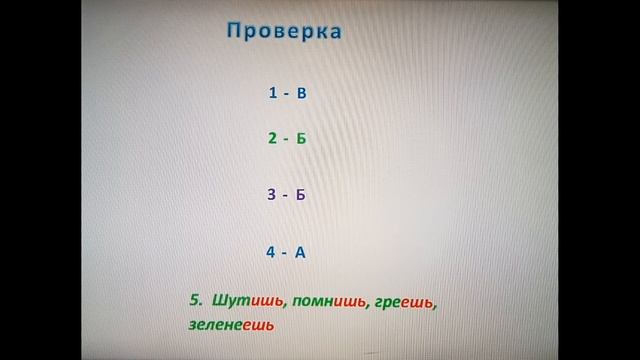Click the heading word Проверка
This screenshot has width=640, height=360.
(x=284, y=31)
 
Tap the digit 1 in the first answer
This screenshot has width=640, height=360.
(x=272, y=93)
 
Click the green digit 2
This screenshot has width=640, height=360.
(x=272, y=138)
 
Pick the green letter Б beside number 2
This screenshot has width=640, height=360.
(x=301, y=138)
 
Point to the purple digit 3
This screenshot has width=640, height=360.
(x=271, y=194)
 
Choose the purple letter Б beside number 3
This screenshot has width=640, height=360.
(x=301, y=194)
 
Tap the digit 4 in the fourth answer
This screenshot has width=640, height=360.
(x=271, y=251)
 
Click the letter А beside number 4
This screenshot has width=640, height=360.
(x=300, y=251)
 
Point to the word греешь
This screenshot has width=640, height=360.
(x=405, y=300)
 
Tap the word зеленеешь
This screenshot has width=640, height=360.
(x=230, y=325)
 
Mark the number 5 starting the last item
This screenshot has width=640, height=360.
(x=195, y=299)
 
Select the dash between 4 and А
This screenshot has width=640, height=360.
(x=285, y=251)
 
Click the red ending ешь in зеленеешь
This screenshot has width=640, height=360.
(x=258, y=325)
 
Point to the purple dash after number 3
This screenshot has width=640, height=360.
(x=285, y=194)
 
